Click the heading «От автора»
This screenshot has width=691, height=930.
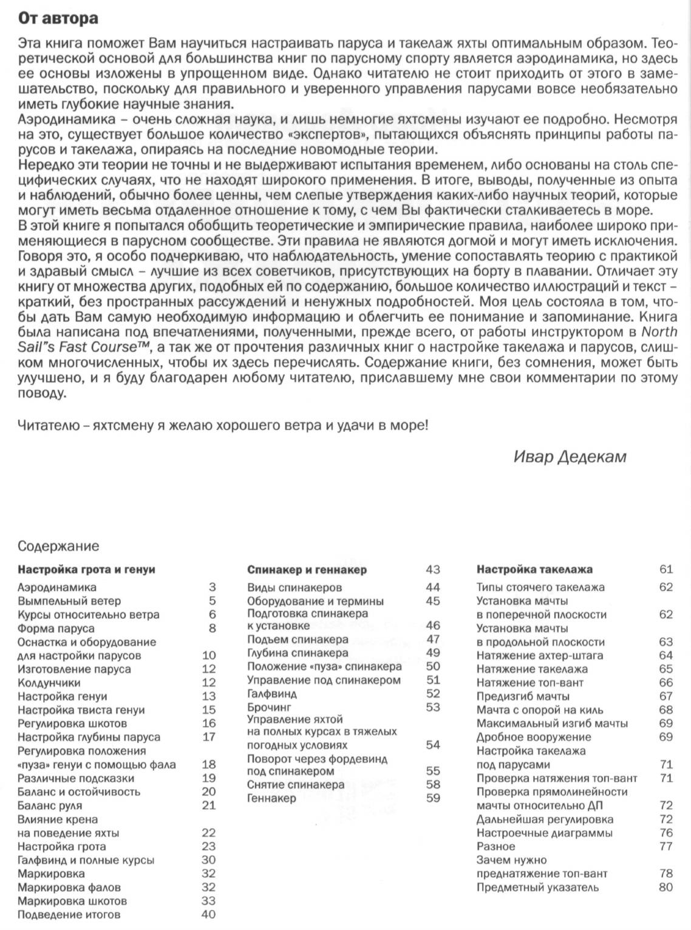58,18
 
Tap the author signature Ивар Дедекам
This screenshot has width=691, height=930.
570,457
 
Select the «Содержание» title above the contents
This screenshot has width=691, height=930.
58,546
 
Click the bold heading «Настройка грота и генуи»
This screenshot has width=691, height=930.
86,570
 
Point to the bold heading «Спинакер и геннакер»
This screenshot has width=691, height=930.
307,570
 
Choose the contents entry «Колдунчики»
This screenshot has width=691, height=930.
49,683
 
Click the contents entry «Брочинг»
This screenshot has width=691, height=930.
270,707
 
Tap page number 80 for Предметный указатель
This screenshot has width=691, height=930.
665,887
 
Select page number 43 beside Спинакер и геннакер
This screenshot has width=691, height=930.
433,570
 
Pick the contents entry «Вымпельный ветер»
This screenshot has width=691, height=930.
63,601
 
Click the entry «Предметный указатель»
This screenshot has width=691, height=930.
537,887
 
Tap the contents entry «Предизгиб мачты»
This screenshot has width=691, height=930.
523,696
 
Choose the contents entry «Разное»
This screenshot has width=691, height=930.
495,846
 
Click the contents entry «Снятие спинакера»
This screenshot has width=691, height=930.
296,784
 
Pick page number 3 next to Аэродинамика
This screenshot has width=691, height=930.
213,587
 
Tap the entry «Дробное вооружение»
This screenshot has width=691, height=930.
533,737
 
